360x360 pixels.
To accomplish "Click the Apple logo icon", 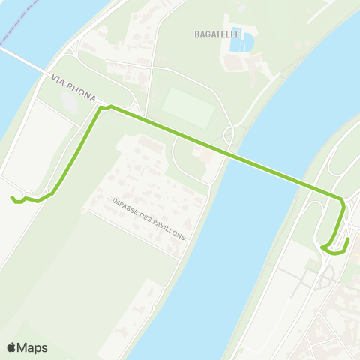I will [x=12, y=347].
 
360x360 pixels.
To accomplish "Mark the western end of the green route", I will [x=12, y=198].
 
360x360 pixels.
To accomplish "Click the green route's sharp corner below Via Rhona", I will [x=100, y=109].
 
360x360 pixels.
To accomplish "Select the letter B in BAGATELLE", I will [x=196, y=33].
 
